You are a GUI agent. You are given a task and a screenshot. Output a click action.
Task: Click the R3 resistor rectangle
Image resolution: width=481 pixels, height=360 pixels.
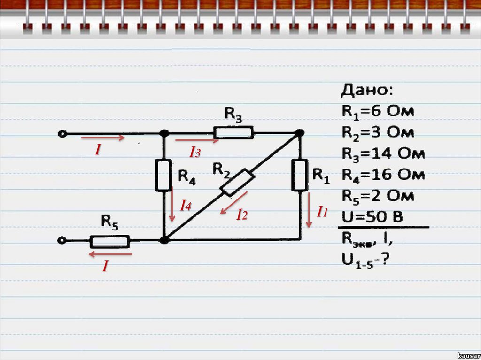[234, 133]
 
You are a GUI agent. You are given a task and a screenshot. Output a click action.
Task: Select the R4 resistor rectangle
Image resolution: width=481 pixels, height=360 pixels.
[163, 175]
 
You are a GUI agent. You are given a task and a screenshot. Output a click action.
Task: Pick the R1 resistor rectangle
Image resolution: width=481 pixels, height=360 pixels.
[299, 175]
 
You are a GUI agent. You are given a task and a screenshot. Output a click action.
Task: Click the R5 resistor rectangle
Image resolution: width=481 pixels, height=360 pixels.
[109, 242]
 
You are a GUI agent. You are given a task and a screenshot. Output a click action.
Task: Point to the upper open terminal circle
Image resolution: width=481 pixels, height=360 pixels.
[62, 134]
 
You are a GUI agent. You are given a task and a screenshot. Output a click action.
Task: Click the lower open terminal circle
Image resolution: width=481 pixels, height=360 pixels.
[62, 241]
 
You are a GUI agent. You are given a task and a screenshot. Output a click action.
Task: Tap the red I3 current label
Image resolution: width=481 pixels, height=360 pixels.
[195, 152]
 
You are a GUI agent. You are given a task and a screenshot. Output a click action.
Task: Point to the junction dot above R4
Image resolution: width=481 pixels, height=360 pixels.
[164, 133]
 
